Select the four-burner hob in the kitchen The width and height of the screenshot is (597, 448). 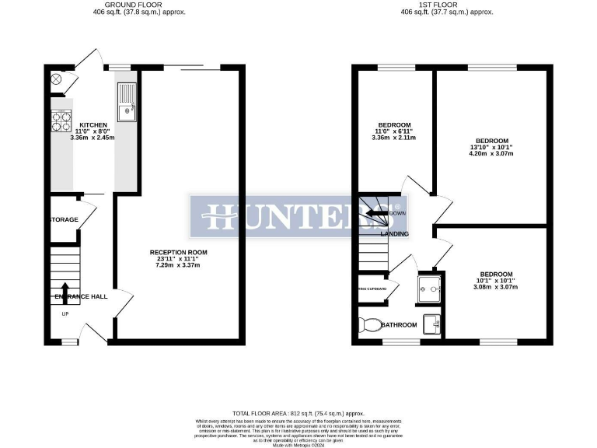61,121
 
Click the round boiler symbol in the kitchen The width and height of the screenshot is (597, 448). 56,79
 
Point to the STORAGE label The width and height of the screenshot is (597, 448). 65,220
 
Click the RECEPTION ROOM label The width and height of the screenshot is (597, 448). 179,252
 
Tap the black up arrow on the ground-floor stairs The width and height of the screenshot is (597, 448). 65,292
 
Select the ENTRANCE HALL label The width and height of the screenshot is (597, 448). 81,297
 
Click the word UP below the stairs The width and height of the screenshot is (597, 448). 65,314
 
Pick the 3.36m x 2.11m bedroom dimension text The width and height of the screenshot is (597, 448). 396,138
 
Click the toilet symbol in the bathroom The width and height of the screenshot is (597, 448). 369,324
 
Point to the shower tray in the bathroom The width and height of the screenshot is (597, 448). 428,289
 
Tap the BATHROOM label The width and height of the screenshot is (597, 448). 399,325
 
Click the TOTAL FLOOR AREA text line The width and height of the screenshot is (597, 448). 298,413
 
